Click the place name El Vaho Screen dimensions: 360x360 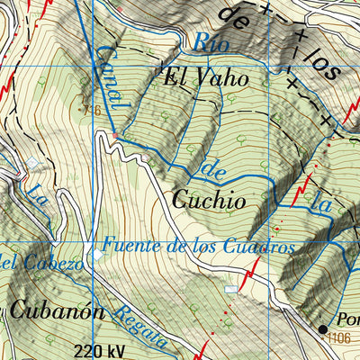205,78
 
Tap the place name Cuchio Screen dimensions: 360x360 208,201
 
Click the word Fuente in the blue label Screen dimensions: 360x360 129,244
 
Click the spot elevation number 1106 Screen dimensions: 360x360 339,338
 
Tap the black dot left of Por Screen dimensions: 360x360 323,329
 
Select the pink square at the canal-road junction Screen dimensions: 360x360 114,135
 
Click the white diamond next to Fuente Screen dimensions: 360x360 98,254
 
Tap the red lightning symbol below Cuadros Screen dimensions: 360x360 254,266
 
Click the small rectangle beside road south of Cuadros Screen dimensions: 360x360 231,289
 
